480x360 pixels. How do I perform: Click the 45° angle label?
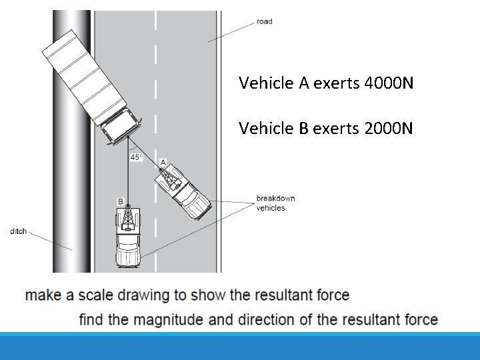137,157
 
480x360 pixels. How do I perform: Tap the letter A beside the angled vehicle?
163,162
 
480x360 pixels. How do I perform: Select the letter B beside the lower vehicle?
121,201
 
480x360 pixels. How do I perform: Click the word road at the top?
265,21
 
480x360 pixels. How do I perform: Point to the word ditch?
18,231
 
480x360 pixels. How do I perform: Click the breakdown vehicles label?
275,203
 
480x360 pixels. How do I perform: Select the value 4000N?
389,83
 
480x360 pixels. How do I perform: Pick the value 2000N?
389,128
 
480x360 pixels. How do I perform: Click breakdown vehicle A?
183,191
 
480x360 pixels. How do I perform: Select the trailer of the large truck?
85,78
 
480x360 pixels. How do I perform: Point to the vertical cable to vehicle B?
128,171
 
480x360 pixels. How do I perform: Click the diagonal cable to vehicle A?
144,153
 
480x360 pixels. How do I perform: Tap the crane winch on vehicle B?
128,218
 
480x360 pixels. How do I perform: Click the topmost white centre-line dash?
156,20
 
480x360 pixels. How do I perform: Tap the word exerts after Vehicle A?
337,83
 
